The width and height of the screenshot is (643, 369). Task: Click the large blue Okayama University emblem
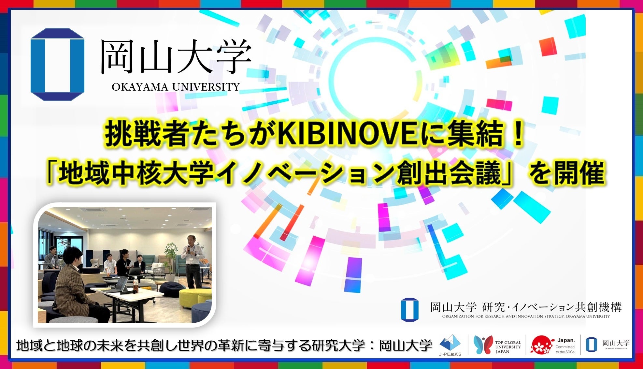pos(57,65)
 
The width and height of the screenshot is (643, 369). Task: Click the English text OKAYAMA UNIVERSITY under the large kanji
pos(176,87)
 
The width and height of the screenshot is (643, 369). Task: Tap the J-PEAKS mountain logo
pos(450,344)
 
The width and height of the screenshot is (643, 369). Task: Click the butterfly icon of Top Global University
pos(483,345)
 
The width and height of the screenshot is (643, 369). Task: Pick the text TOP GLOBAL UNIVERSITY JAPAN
pos(508,347)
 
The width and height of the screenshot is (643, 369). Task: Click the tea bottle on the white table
pos(135,285)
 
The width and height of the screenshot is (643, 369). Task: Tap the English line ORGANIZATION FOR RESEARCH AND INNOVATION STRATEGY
pos(526,317)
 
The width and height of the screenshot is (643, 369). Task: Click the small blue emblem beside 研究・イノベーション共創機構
pos(409,309)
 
